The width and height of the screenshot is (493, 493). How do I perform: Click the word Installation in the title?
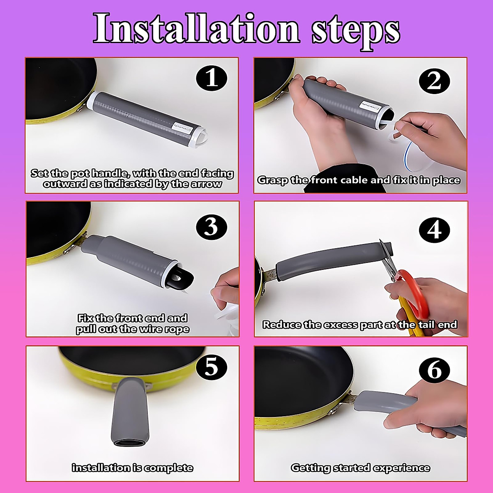[x=196, y=28]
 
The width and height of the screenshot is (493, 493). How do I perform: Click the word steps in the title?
[x=356, y=32]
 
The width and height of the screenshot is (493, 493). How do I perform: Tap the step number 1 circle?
[x=211, y=78]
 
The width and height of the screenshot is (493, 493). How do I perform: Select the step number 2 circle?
[x=434, y=82]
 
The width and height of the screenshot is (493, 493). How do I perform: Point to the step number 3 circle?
[x=211, y=227]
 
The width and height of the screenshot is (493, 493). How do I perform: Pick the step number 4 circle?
[x=434, y=230]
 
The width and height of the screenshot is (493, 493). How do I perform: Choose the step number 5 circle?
[x=211, y=367]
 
